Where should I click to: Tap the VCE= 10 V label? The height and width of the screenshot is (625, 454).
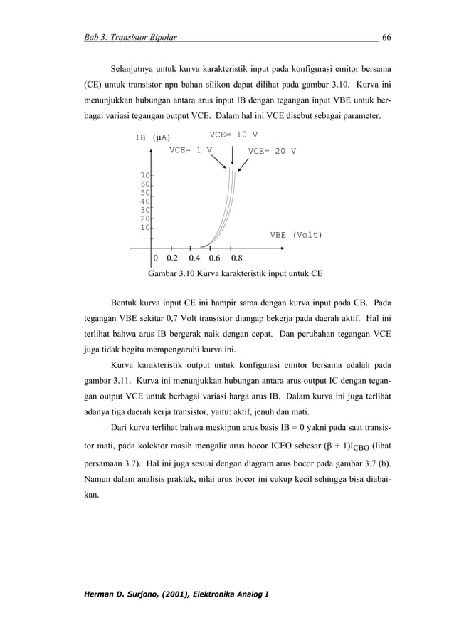pyautogui.click(x=233, y=135)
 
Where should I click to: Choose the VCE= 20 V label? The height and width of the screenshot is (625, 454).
pyautogui.click(x=272, y=152)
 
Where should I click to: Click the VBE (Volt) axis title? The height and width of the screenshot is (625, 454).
pyautogui.click(x=295, y=234)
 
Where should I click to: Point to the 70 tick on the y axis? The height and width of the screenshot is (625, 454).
pyautogui.click(x=144, y=175)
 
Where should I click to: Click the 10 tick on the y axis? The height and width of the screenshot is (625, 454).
pyautogui.click(x=144, y=227)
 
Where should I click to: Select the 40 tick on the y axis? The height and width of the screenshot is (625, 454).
pyautogui.click(x=144, y=201)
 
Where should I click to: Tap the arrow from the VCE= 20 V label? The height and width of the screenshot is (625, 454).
pyautogui.click(x=243, y=164)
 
